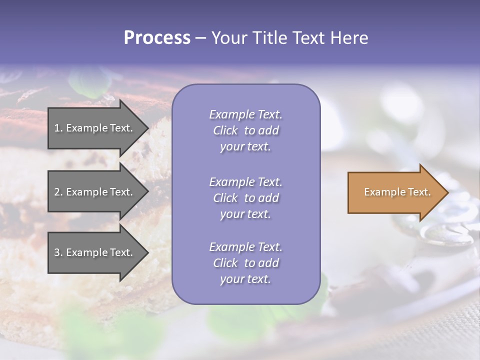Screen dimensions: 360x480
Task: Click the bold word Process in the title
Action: point(157,38)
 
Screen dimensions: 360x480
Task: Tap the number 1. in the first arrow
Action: point(58,128)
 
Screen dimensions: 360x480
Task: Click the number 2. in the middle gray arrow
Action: point(58,192)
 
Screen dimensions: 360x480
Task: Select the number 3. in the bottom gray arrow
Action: point(58,252)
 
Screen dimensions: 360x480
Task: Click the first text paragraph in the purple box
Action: point(245,130)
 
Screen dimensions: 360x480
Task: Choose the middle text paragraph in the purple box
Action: point(245,198)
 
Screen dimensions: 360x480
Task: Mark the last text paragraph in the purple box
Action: point(245,263)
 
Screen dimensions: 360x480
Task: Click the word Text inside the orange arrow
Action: point(419,192)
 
